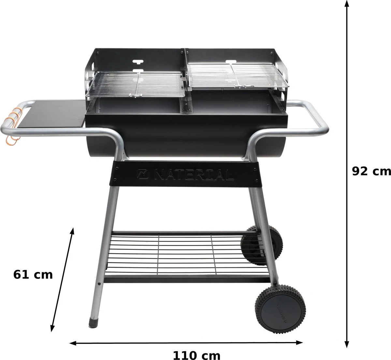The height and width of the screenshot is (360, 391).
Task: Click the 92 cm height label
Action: [371, 171]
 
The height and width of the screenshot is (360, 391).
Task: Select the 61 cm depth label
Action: [33, 274]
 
